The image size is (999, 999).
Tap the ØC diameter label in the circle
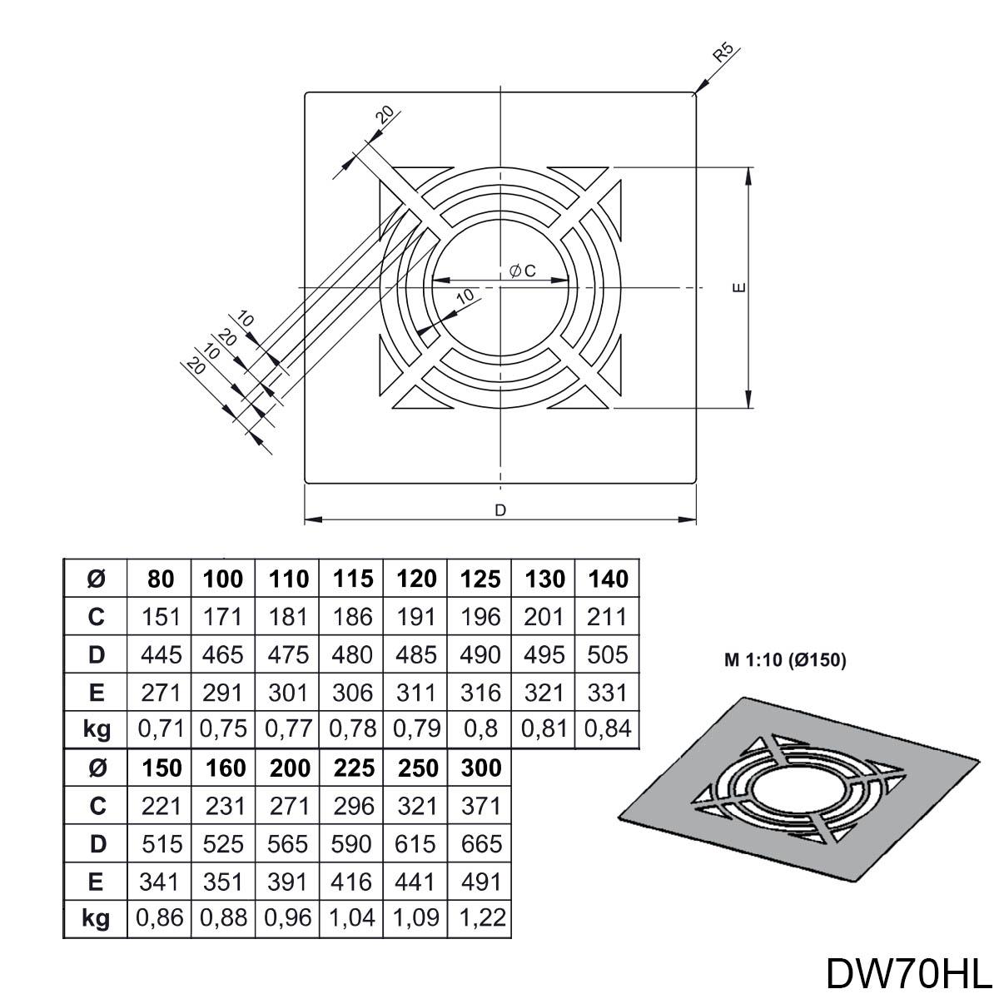coord(521,271)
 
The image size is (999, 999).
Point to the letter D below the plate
coord(500,510)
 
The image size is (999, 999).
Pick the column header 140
coord(608,579)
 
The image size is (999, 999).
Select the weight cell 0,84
coord(608,729)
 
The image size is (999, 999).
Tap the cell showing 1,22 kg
coord(480,918)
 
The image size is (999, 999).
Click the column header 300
coord(480,768)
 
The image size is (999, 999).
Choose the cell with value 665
coord(480,843)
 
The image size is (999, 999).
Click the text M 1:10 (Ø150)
coord(784,661)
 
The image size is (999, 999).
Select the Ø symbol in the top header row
coord(97,579)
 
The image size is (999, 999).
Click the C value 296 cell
coord(352,806)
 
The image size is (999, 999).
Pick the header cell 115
coord(352,579)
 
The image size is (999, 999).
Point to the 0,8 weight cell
coord(480,729)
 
